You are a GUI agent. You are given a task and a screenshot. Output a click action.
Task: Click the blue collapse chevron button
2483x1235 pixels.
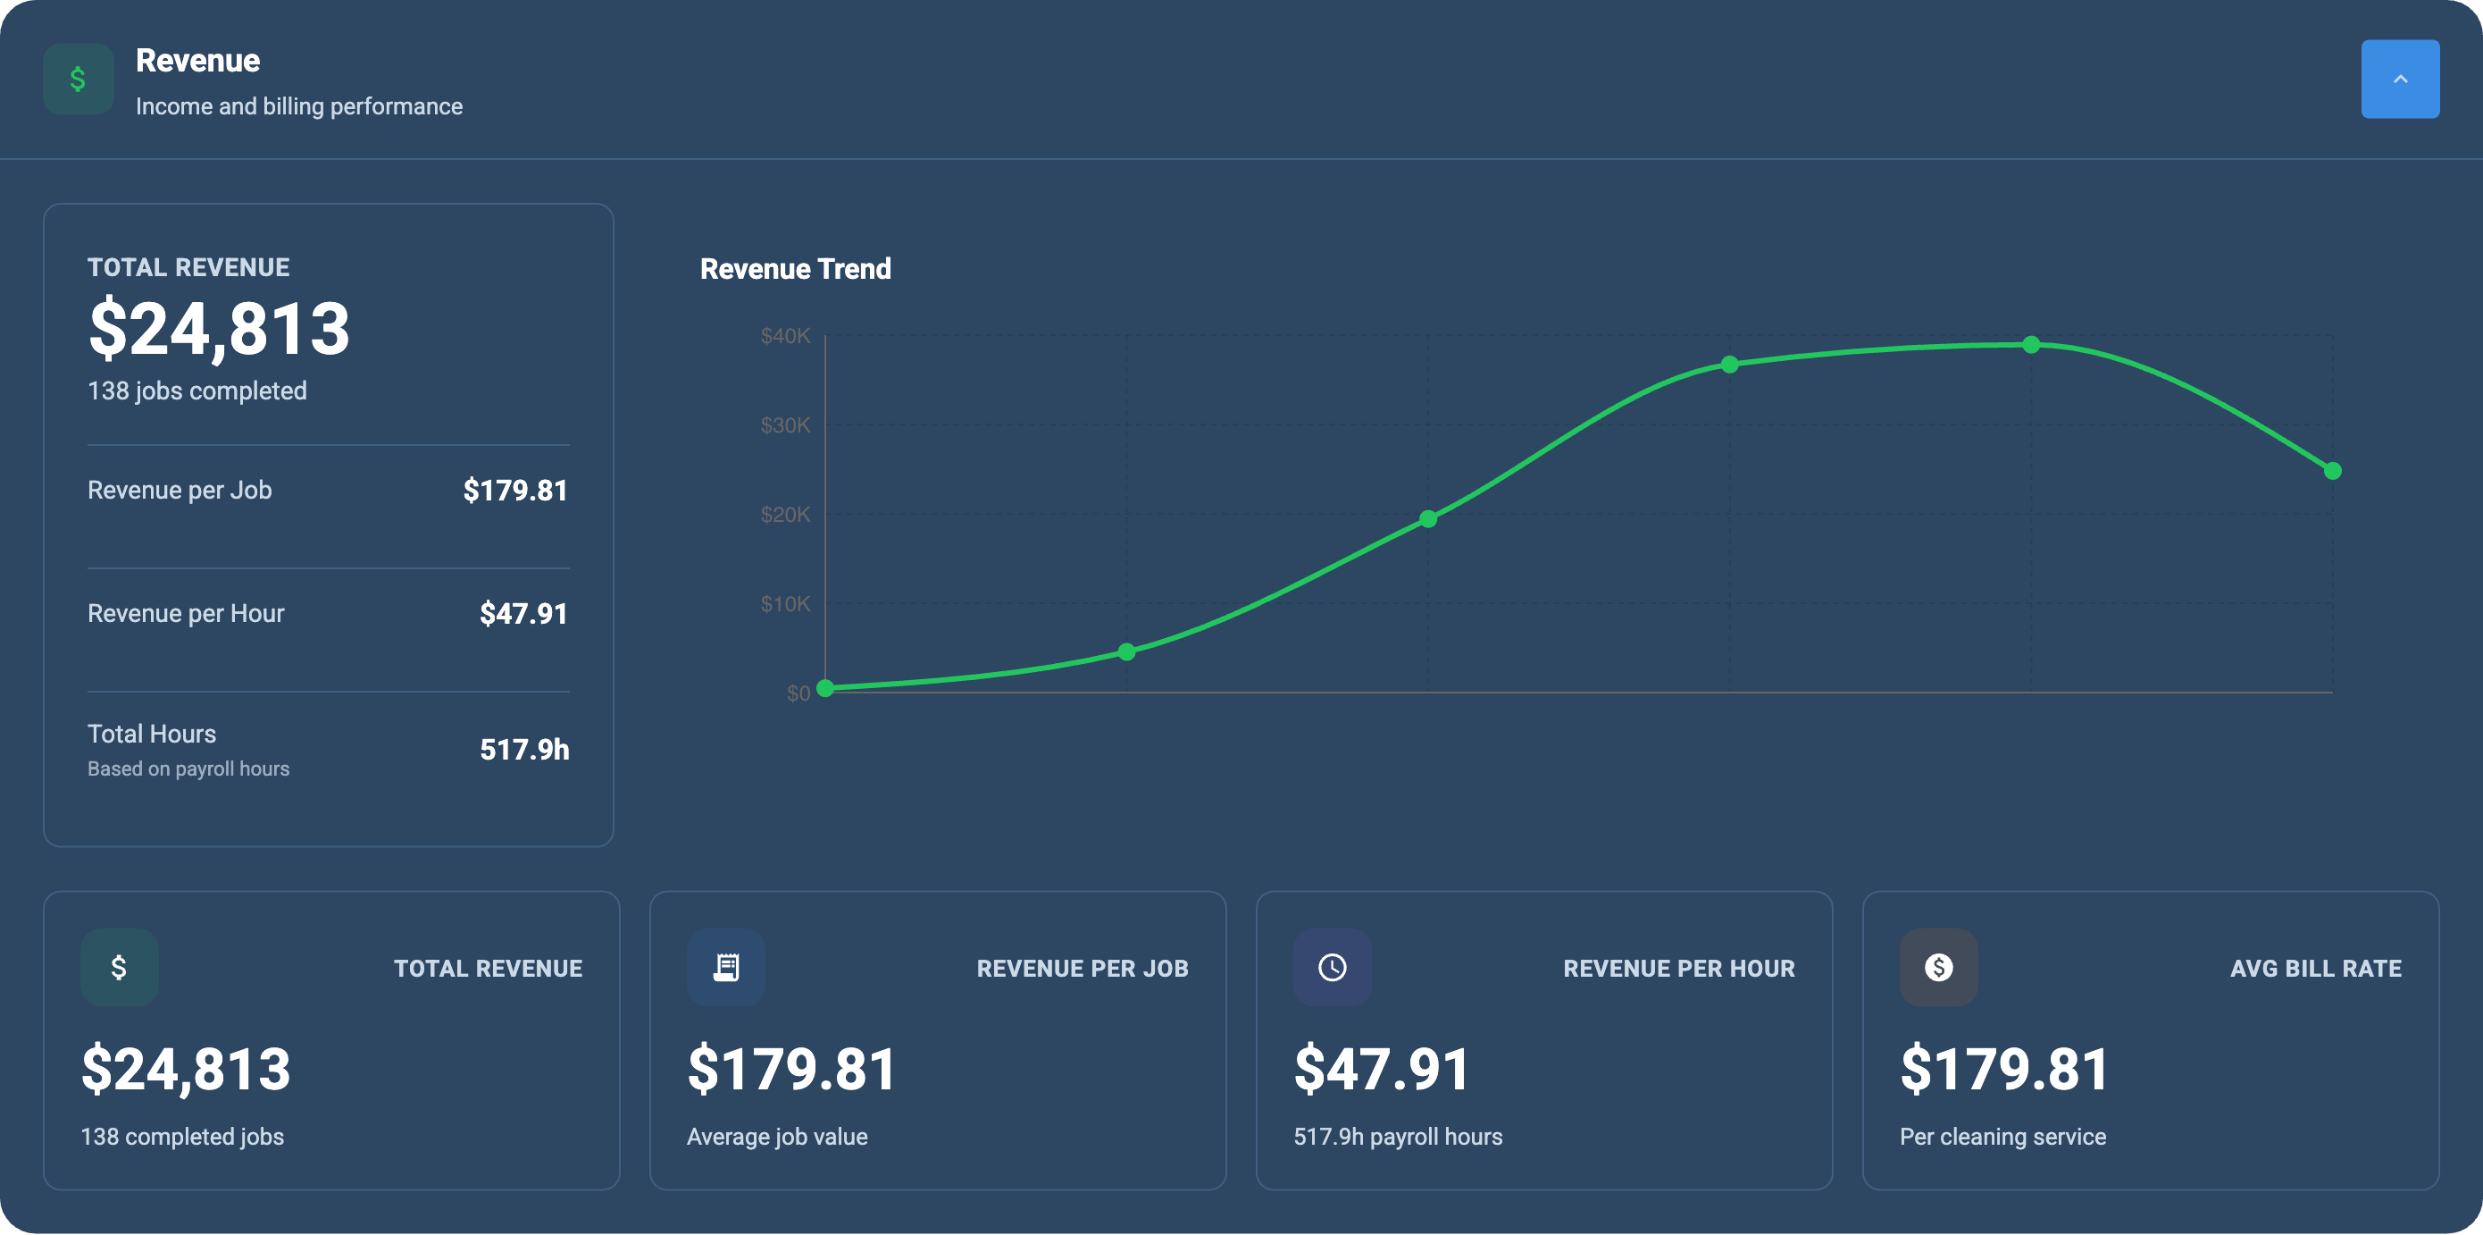pyautogui.click(x=2399, y=79)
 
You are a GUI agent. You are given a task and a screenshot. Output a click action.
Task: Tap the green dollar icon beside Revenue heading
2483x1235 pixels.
pyautogui.click(x=78, y=79)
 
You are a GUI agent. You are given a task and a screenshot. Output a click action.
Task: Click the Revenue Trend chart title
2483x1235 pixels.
pyautogui.click(x=794, y=269)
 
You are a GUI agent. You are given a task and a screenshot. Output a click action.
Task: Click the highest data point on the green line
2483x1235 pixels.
pyautogui.click(x=2030, y=344)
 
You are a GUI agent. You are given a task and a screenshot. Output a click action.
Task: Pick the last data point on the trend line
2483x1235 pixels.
pyautogui.click(x=2332, y=470)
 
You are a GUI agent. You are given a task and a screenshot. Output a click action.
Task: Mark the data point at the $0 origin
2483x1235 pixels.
pyautogui.click(x=825, y=687)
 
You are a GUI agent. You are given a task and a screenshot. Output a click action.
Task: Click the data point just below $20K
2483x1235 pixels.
pyautogui.click(x=1427, y=518)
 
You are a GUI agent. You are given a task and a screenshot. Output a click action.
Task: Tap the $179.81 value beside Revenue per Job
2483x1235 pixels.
pyautogui.click(x=514, y=490)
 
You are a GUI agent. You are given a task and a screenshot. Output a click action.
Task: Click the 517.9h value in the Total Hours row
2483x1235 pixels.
pyautogui.click(x=523, y=749)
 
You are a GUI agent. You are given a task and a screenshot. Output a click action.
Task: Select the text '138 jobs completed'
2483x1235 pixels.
pyautogui.click(x=196, y=391)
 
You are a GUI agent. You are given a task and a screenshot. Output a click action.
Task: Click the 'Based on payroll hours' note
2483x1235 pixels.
pyautogui.click(x=188, y=769)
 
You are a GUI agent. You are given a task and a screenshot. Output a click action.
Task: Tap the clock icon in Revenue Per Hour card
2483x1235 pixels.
pyautogui.click(x=1331, y=967)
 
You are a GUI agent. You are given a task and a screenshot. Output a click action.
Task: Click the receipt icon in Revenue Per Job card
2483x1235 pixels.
pyautogui.click(x=725, y=967)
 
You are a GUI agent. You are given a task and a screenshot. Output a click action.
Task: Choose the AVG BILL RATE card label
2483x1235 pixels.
pyautogui.click(x=2314, y=968)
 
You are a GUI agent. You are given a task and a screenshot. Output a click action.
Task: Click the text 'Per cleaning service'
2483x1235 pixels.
pyautogui.click(x=2002, y=1136)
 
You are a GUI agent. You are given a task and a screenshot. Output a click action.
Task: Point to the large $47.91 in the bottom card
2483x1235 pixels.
pyautogui.click(x=1380, y=1068)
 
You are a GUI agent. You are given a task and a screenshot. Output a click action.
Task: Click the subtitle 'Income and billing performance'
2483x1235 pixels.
pyautogui.click(x=299, y=106)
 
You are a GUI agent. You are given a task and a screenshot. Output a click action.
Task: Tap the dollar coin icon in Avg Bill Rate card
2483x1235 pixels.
pyautogui.click(x=1937, y=967)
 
